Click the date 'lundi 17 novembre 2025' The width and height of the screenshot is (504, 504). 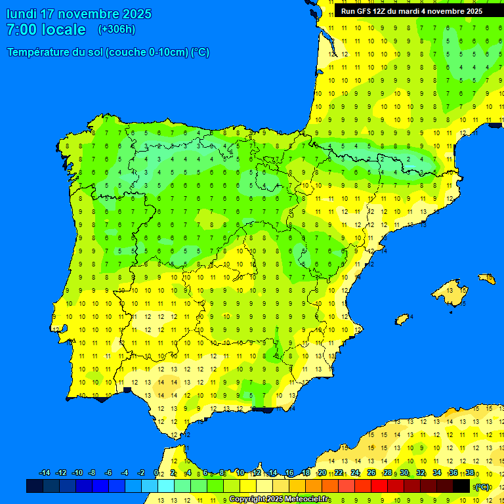[x=79, y=14]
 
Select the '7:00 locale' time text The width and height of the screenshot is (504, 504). [x=46, y=30]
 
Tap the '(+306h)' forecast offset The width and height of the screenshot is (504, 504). [x=117, y=30]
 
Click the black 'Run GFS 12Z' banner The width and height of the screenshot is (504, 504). [x=411, y=11]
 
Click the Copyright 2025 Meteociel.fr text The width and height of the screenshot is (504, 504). [x=279, y=499]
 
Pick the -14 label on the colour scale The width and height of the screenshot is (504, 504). [x=45, y=473]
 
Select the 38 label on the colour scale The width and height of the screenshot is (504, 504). [x=470, y=473]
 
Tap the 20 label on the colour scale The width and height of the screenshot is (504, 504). [x=322, y=473]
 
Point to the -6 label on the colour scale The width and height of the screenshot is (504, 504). [x=108, y=473]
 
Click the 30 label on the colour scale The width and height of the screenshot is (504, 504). [x=404, y=473]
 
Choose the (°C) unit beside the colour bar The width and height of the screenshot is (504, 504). [x=482, y=487]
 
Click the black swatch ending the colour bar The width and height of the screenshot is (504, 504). [x=461, y=486]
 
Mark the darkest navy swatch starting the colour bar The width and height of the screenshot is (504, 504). [x=35, y=486]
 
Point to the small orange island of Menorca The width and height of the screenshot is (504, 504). [x=486, y=279]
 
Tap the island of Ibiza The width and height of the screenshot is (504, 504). [x=402, y=320]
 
